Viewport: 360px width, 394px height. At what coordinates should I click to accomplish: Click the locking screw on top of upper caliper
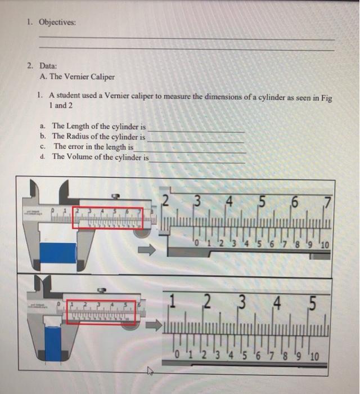[115, 196]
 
